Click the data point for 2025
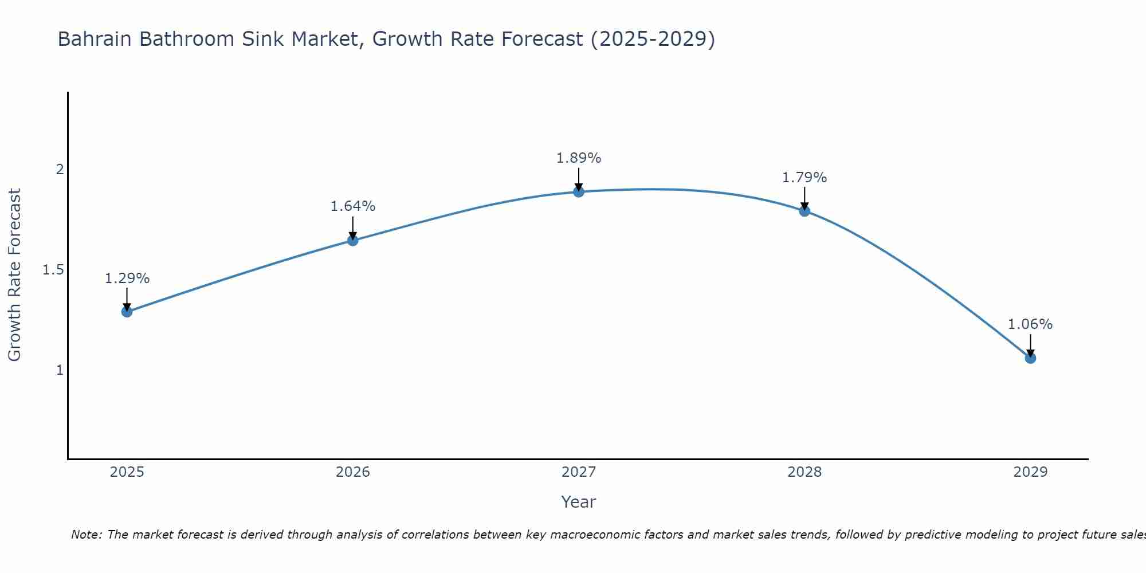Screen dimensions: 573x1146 point(127,312)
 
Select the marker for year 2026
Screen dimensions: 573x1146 point(353,241)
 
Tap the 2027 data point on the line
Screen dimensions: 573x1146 point(579,191)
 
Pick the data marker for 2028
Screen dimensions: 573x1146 point(804,211)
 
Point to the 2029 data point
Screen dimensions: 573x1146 point(1030,358)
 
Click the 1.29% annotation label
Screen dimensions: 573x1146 point(127,278)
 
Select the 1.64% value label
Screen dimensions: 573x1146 point(353,206)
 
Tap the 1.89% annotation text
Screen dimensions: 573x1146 point(579,158)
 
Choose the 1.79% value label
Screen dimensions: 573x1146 point(804,178)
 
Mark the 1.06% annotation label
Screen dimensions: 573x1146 point(1030,324)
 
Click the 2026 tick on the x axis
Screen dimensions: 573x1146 point(353,472)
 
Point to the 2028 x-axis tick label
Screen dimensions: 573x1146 point(804,472)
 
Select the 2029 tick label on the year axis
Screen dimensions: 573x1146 point(1030,472)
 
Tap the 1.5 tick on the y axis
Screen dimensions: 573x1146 point(53,270)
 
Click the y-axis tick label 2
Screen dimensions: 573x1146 point(59,170)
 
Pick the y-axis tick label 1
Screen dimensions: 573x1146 point(59,370)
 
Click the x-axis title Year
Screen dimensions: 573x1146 point(579,502)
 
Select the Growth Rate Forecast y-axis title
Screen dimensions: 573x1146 point(14,275)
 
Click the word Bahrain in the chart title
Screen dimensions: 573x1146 point(95,39)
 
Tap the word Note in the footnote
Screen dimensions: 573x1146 point(86,535)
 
